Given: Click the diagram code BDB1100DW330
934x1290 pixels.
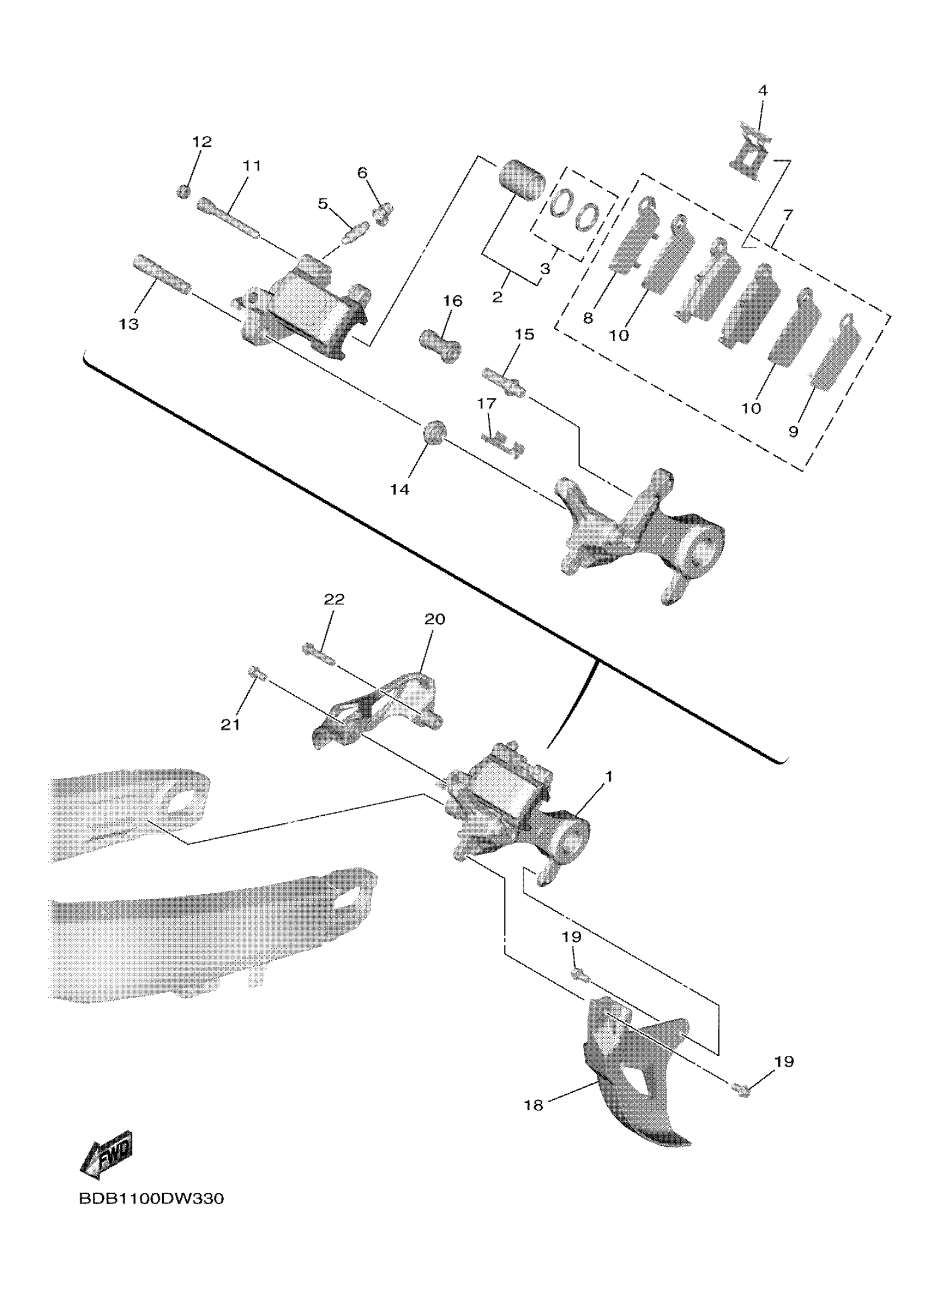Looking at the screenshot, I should coord(151,1214).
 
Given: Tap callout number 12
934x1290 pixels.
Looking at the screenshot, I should coord(201,142).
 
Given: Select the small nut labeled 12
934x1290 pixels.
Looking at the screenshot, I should coord(182,192).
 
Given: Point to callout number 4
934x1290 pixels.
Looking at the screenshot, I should coord(763,91).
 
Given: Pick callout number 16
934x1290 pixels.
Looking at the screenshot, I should coord(453,301).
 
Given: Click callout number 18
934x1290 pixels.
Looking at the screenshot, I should coord(534,1105).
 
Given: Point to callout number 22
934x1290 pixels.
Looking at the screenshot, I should coord(334,600).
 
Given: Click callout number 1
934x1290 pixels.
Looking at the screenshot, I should coord(608,776).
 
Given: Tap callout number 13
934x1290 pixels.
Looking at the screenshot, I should coord(129,324).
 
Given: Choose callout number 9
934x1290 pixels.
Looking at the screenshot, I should coord(793,431).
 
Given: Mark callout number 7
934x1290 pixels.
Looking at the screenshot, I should coord(787,215).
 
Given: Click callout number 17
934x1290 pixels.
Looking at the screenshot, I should coord(487,404).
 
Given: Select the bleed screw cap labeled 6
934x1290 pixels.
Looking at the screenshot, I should coord(383,214).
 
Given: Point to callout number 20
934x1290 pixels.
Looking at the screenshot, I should coord(435,619).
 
